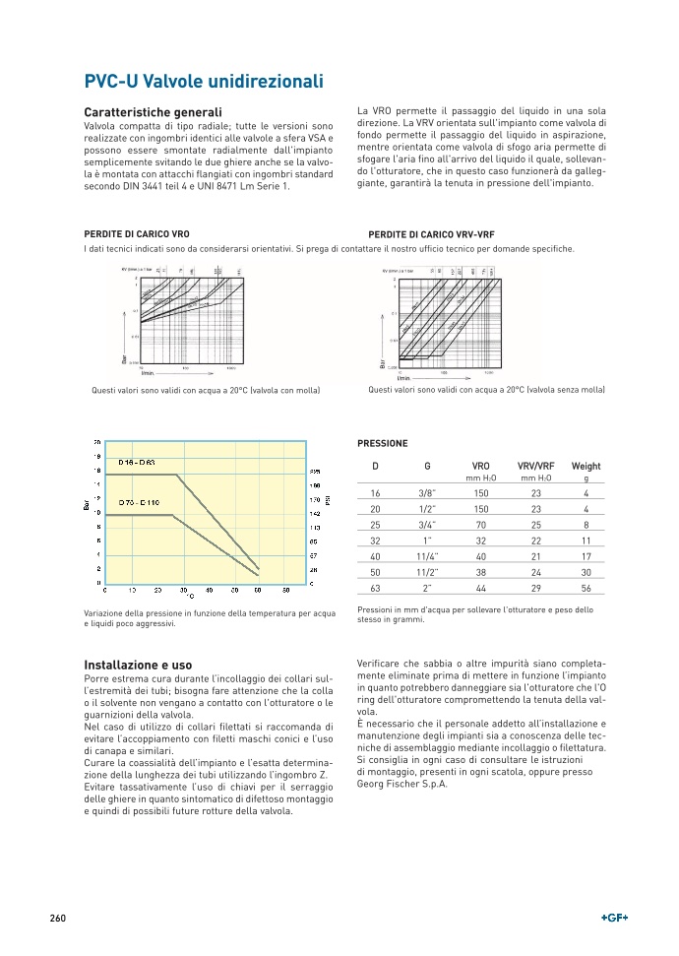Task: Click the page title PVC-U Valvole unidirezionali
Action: click(204, 82)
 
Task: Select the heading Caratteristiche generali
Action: click(153, 113)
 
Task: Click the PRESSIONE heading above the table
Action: click(382, 444)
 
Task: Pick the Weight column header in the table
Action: click(586, 466)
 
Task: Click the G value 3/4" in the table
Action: click(427, 525)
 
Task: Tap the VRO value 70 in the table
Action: click(480, 525)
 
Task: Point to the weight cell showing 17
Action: click(586, 556)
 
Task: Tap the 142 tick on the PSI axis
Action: click(315, 513)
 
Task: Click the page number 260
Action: click(57, 918)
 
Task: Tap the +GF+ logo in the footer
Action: click(614, 918)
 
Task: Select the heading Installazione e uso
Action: click(139, 665)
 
